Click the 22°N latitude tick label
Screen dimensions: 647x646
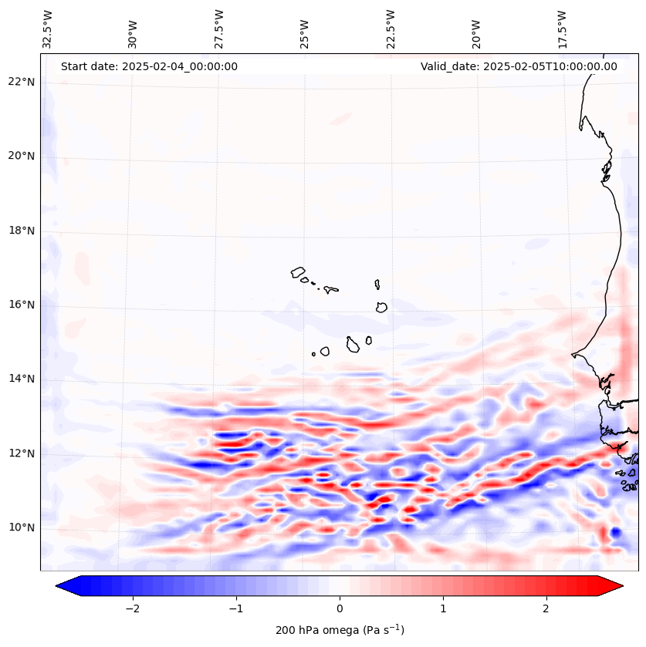pos(21,82)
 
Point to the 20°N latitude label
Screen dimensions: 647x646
pos(21,156)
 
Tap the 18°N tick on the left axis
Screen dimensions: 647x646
pos(21,231)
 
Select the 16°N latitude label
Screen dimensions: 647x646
pos(21,305)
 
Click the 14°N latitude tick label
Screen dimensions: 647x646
pos(21,379)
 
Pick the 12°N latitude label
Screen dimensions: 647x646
pos(21,453)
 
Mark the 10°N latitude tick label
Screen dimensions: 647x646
pos(21,527)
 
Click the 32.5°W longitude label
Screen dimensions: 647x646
pos(48,28)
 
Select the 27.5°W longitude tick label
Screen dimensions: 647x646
pos(219,28)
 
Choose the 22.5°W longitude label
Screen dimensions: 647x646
pos(391,28)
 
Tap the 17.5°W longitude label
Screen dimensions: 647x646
pos(562,28)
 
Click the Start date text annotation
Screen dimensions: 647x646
pos(149,66)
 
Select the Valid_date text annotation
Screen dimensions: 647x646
pos(519,66)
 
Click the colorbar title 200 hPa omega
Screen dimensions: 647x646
pos(340,630)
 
